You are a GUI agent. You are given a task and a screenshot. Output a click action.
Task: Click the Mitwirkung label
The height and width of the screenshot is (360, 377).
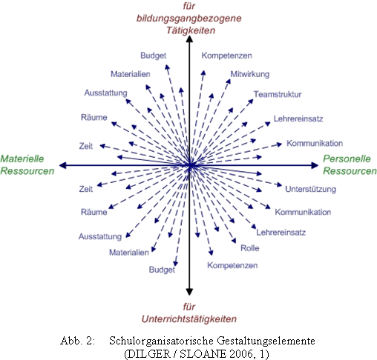[250, 74]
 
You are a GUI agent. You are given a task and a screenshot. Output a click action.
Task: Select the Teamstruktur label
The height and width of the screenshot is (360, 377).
[278, 94]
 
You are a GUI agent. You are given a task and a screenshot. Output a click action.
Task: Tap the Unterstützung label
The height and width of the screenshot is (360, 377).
[310, 189]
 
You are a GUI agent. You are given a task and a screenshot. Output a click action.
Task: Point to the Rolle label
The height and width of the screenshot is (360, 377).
[250, 248]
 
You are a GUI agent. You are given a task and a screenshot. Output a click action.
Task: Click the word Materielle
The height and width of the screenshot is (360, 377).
[22, 159]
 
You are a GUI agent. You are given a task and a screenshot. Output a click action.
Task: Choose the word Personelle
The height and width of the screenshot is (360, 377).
[347, 159]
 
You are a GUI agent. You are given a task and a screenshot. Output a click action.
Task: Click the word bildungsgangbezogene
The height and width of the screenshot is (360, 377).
[189, 19]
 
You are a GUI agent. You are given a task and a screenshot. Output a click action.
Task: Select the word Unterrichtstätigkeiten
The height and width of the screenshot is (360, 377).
[189, 319]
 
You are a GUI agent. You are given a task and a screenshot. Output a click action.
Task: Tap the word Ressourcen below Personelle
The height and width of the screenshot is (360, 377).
[350, 171]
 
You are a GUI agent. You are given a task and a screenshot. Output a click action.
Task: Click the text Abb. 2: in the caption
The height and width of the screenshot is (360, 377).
[77, 341]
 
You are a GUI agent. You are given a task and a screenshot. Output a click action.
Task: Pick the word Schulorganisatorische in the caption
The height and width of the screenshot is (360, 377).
[161, 341]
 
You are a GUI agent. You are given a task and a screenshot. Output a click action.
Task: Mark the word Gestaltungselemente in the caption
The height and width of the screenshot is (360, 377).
[266, 341]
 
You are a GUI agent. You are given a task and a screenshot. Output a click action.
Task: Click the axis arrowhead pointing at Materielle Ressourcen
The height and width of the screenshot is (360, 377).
[63, 165]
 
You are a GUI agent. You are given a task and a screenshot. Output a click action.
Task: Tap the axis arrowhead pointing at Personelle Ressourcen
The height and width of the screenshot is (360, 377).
[315, 165]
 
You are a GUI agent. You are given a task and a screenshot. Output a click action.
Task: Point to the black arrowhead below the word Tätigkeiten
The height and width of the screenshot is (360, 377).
[189, 39]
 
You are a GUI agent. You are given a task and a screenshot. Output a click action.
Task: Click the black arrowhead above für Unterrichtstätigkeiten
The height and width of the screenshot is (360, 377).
[189, 292]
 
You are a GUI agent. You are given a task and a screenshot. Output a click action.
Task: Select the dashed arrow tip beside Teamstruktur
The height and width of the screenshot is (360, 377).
[251, 101]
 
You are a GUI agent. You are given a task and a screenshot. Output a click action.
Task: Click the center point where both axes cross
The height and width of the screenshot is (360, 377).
[190, 165]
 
